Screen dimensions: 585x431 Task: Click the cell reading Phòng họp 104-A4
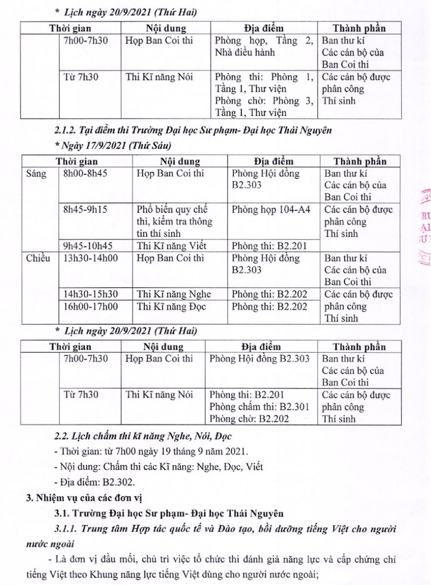pos(273,210)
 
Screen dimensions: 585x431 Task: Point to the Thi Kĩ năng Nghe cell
pos(174,294)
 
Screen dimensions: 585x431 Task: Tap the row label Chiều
pos(38,258)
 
